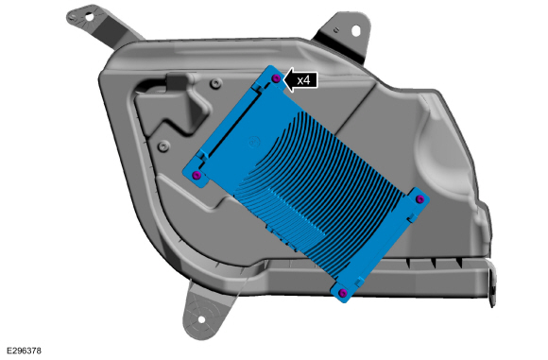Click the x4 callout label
click(303, 80)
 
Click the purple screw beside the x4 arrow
click(276, 78)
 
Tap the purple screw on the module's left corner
click(197, 175)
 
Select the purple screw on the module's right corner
click(420, 199)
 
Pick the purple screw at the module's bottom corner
click(344, 293)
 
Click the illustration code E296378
click(25, 351)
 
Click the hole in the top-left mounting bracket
click(89, 16)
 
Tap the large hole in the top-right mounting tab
click(355, 31)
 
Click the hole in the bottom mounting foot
click(201, 319)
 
